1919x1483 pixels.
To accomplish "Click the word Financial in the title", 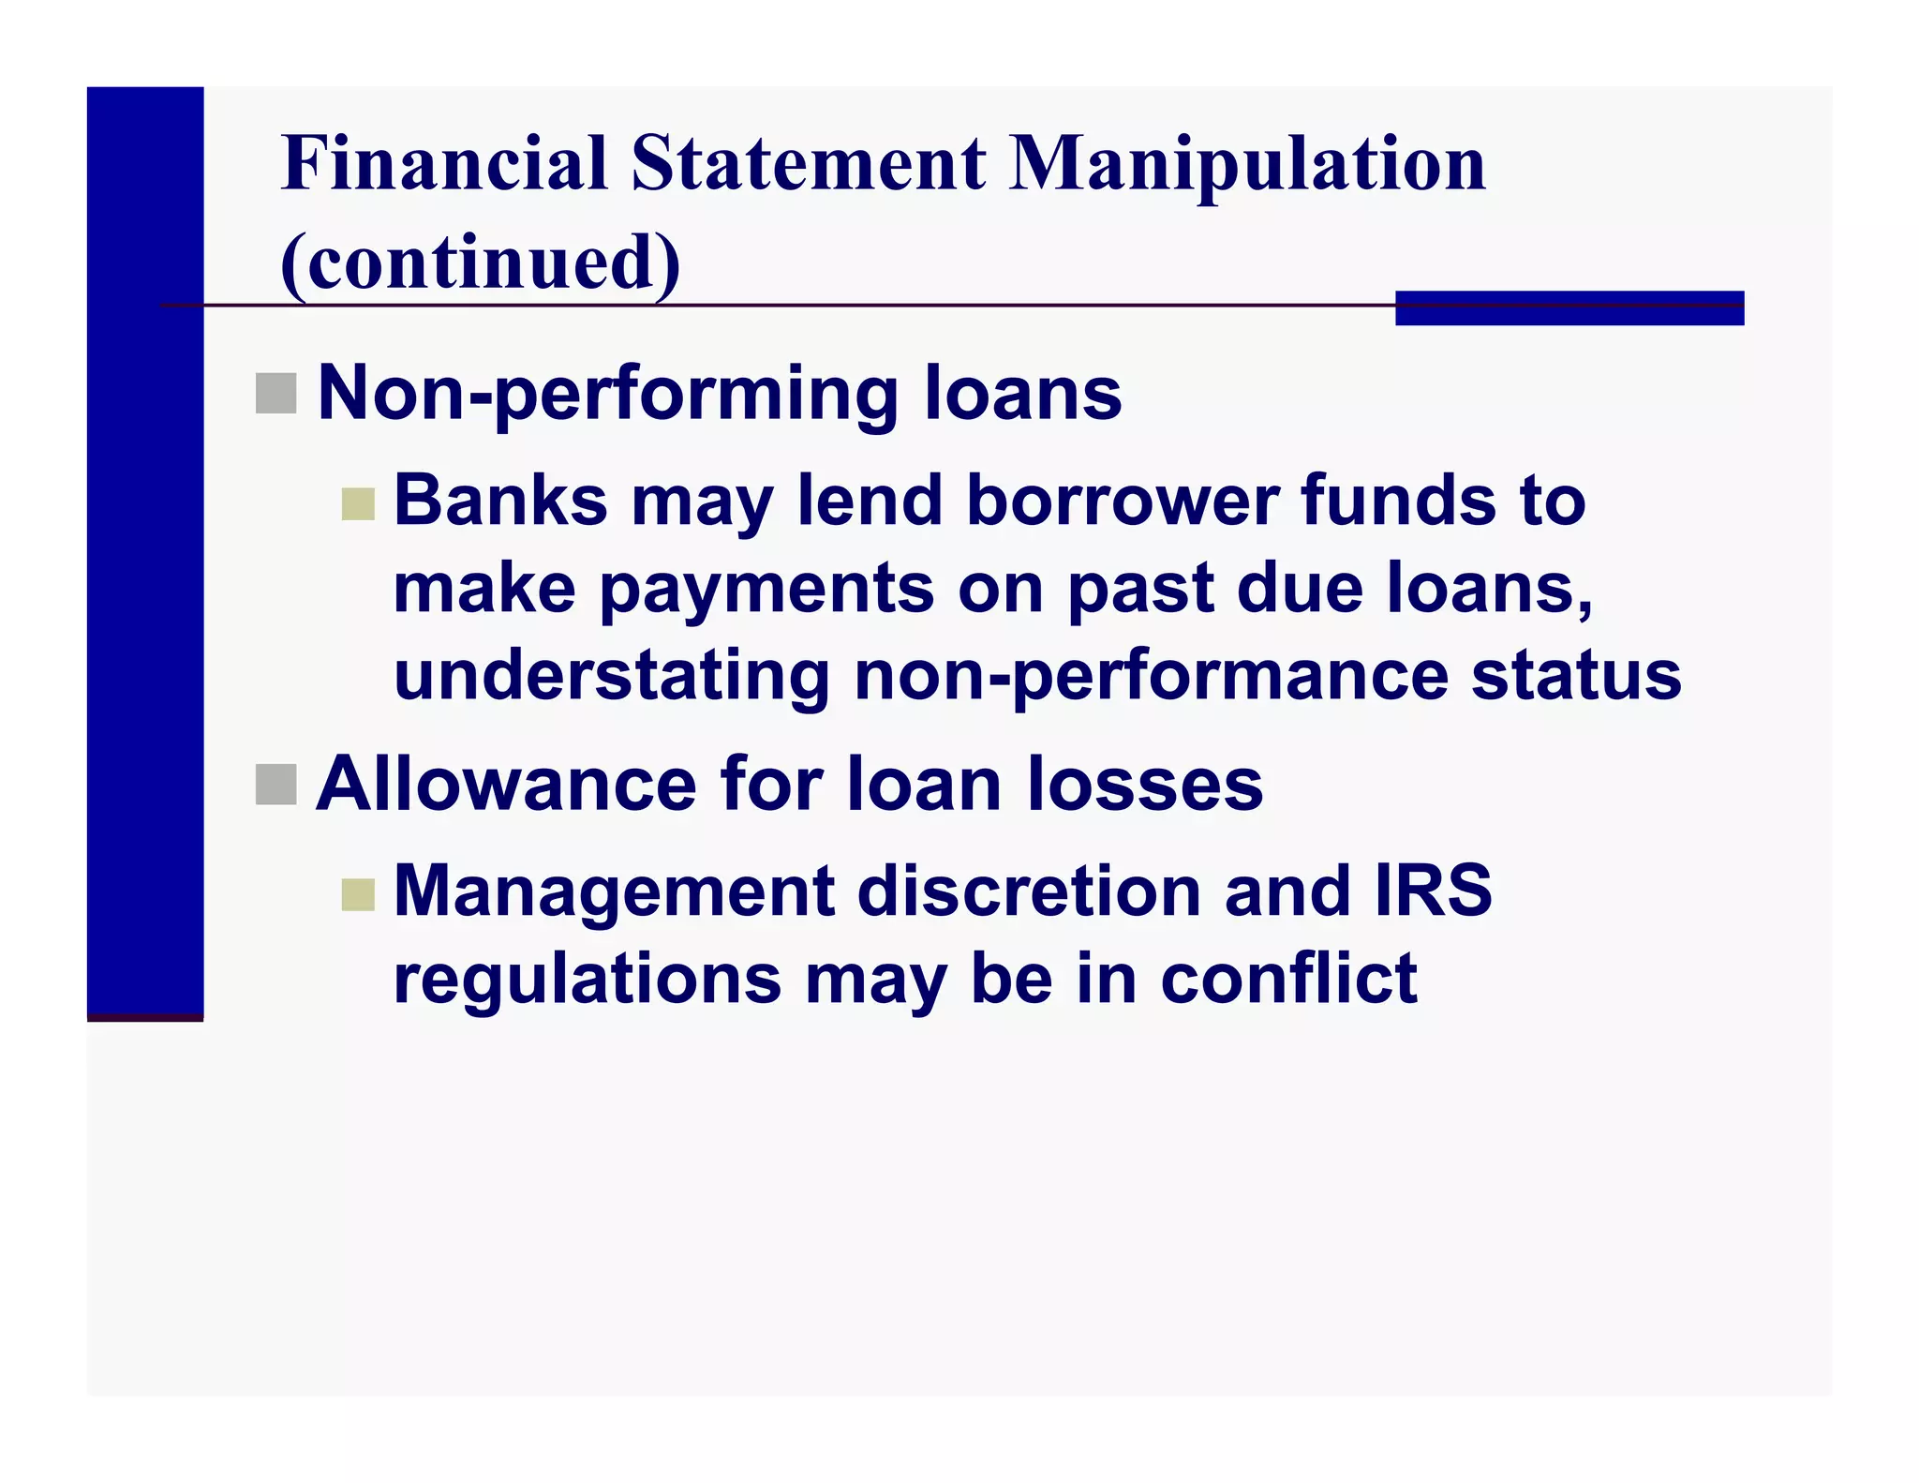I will [444, 163].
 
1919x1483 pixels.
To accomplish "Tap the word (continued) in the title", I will [480, 262].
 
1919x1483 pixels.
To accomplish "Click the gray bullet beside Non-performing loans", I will [275, 393].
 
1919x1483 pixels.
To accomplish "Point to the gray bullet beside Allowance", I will [275, 784].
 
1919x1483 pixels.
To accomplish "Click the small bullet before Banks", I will [358, 504].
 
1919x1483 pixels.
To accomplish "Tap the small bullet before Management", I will [358, 894].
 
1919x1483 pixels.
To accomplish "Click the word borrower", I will [1122, 501].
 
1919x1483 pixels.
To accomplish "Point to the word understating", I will [612, 675].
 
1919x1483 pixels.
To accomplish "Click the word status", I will [1576, 675].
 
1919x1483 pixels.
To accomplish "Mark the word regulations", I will [587, 979].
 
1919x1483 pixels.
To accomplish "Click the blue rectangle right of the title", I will [1569, 308].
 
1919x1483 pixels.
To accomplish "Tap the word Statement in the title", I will [808, 163].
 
